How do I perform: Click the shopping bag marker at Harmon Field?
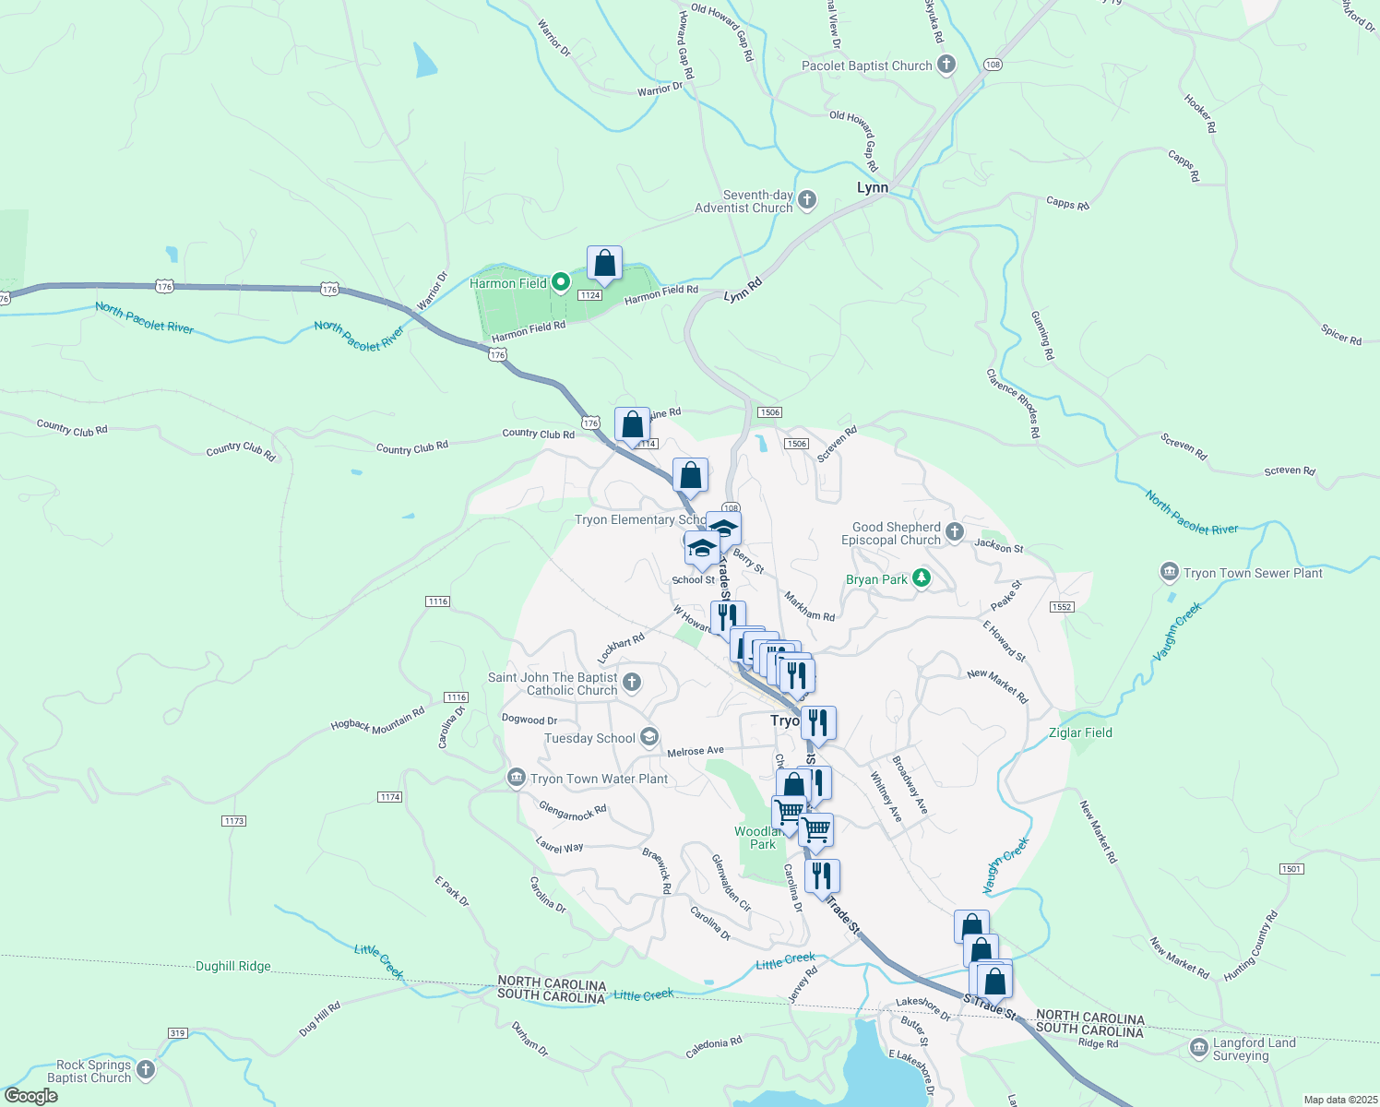604,265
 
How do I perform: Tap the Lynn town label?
872,187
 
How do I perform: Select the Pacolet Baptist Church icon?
946,65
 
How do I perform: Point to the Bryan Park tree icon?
921,578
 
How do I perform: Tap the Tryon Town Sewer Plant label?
1253,573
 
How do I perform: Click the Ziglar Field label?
1080,732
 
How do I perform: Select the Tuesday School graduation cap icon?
649,737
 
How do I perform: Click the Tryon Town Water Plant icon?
517,779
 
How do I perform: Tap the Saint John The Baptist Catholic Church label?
553,684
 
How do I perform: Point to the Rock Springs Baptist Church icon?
146,1070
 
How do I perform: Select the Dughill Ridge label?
233,966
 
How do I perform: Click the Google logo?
30,1096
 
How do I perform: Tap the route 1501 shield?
1291,869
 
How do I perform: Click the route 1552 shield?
1061,606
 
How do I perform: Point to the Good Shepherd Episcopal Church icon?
955,532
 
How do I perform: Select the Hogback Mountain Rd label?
377,720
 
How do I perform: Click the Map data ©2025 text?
1340,1100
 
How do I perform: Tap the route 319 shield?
178,1032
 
